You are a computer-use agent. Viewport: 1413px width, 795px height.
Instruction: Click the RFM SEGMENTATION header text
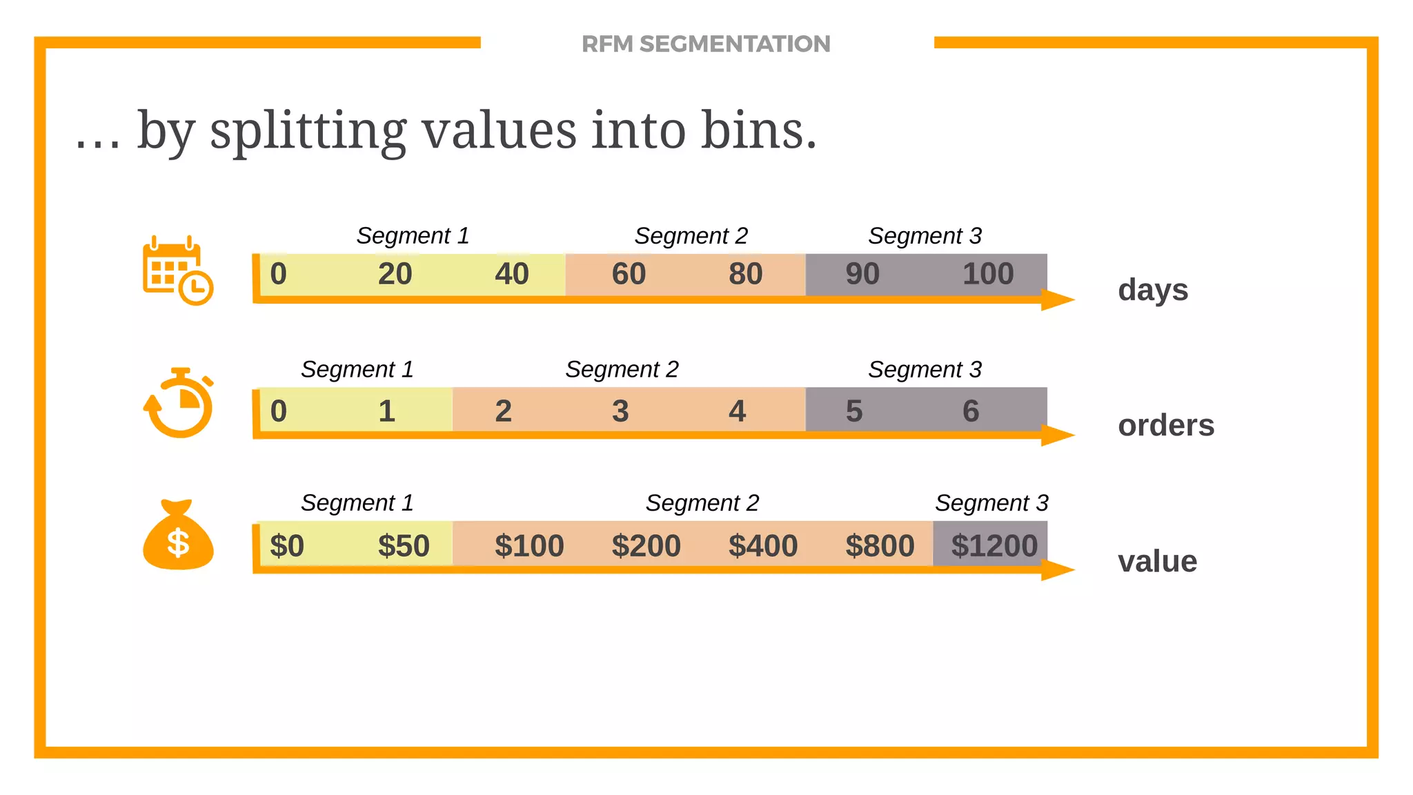click(x=706, y=44)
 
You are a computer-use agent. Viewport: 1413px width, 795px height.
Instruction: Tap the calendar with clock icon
click(x=177, y=271)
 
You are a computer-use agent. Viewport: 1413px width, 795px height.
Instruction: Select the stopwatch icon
click(x=179, y=403)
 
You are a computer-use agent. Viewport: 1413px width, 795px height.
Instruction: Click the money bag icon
click(x=178, y=536)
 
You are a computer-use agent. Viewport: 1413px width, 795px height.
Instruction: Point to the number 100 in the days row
click(x=988, y=274)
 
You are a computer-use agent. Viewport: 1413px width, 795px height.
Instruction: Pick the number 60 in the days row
click(x=629, y=274)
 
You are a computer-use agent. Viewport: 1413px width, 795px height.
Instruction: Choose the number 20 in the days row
click(x=395, y=274)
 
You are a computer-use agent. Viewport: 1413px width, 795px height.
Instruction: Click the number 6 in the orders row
click(x=971, y=411)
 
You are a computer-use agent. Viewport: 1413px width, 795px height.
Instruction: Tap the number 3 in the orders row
click(x=620, y=411)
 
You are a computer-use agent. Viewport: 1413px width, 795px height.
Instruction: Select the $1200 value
click(x=994, y=546)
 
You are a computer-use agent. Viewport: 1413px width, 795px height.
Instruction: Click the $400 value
click(x=763, y=546)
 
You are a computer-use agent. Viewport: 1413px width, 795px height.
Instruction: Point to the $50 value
click(x=404, y=546)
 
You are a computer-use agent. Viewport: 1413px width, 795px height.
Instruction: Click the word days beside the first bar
click(x=1153, y=290)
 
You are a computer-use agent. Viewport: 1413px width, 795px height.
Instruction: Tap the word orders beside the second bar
click(x=1166, y=425)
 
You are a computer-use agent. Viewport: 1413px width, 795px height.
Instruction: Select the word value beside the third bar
click(x=1158, y=561)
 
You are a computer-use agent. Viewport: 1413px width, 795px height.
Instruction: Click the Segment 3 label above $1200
click(x=991, y=503)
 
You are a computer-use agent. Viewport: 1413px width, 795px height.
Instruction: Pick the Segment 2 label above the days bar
click(x=691, y=236)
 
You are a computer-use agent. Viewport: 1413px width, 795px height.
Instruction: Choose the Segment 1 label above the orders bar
click(x=357, y=369)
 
